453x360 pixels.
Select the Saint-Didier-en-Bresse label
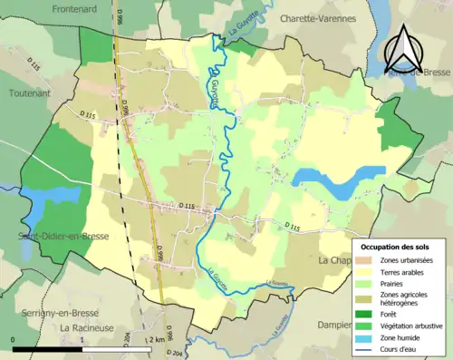click(x=56, y=237)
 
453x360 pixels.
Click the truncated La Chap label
click(x=335, y=260)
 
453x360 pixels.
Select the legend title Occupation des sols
click(x=397, y=247)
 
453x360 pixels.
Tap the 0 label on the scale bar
click(x=14, y=339)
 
